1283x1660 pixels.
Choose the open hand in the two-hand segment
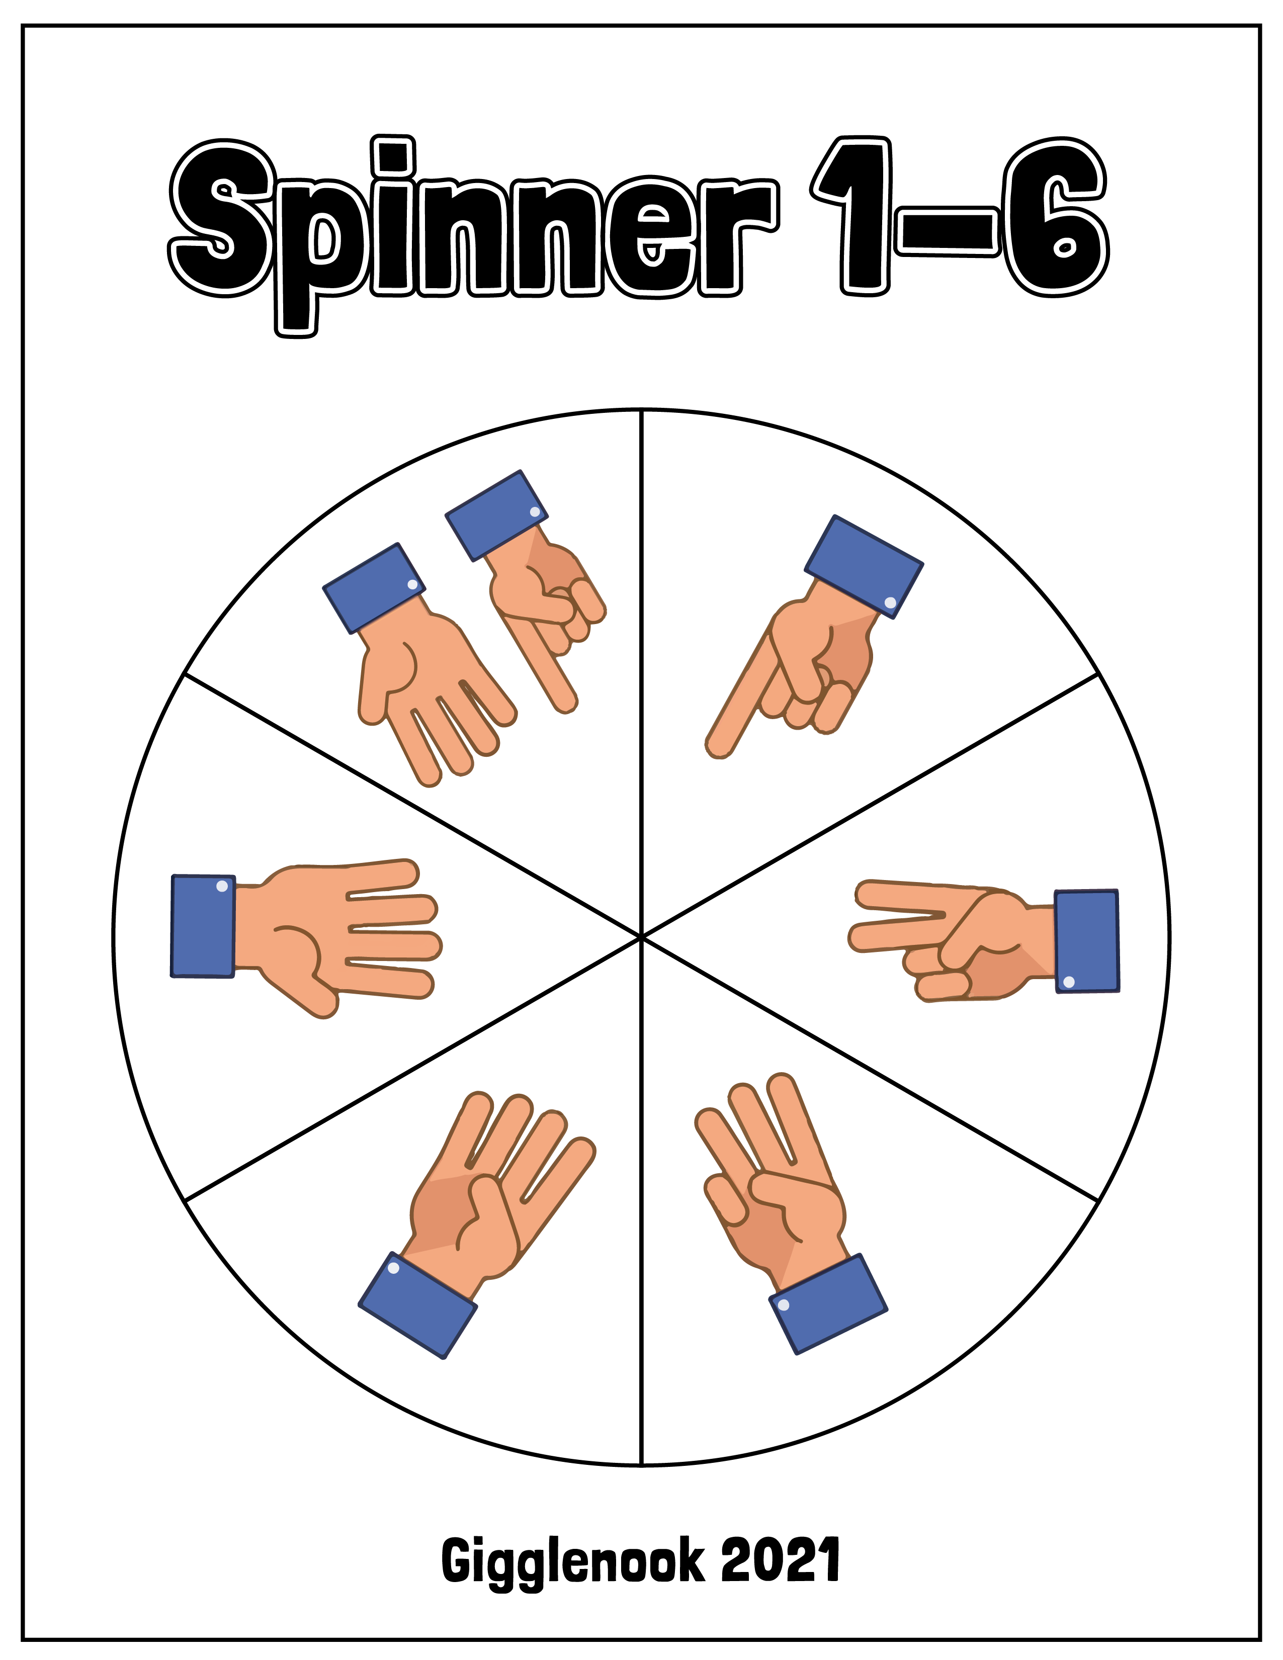point(425,676)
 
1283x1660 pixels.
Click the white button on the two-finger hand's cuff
point(1069,982)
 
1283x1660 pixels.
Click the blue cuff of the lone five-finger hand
point(203,926)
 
